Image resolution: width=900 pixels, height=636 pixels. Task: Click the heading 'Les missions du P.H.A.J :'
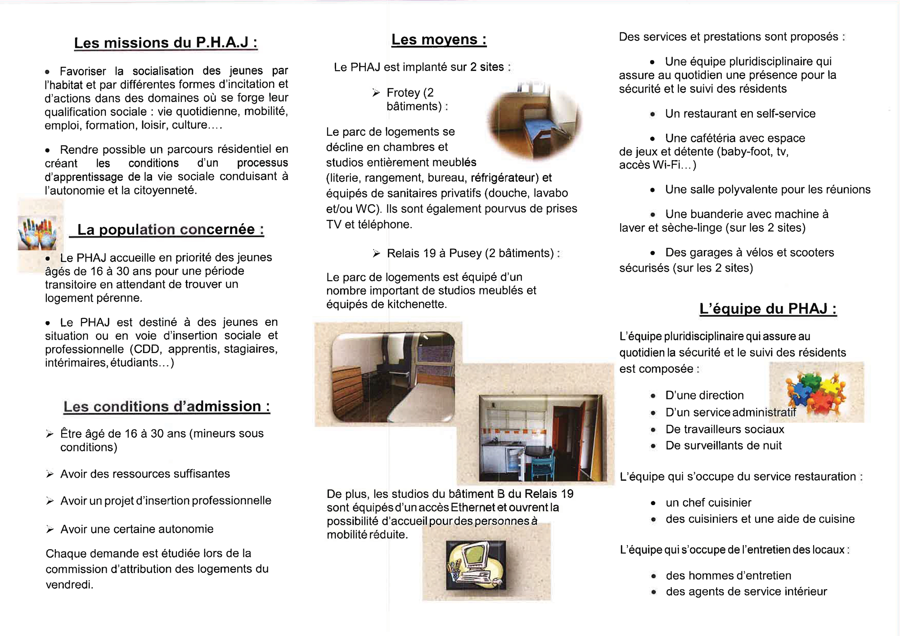pos(166,43)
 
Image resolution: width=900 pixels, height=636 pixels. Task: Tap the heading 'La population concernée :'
pos(170,229)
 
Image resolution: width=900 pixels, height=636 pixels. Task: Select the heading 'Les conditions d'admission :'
pos(166,406)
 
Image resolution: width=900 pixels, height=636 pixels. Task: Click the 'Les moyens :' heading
pos(439,40)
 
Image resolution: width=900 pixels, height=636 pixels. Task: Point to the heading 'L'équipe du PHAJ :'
pos(768,309)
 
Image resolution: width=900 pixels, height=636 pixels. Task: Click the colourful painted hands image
pos(37,233)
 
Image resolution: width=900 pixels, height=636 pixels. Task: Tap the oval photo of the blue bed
pos(535,121)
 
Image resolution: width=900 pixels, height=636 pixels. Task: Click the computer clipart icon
pos(476,565)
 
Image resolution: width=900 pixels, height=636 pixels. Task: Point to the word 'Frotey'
pos(403,93)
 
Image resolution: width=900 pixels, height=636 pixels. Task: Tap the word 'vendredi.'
pos(69,585)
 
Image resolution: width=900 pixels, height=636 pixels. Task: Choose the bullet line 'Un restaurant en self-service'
pos(740,113)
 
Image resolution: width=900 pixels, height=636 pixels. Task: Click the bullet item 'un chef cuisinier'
pos(708,502)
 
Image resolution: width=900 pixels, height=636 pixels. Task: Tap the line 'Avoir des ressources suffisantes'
pos(145,474)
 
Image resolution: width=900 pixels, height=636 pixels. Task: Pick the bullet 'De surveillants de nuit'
pos(723,445)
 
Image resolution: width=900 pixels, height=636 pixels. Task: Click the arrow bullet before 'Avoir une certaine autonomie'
pos(50,529)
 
